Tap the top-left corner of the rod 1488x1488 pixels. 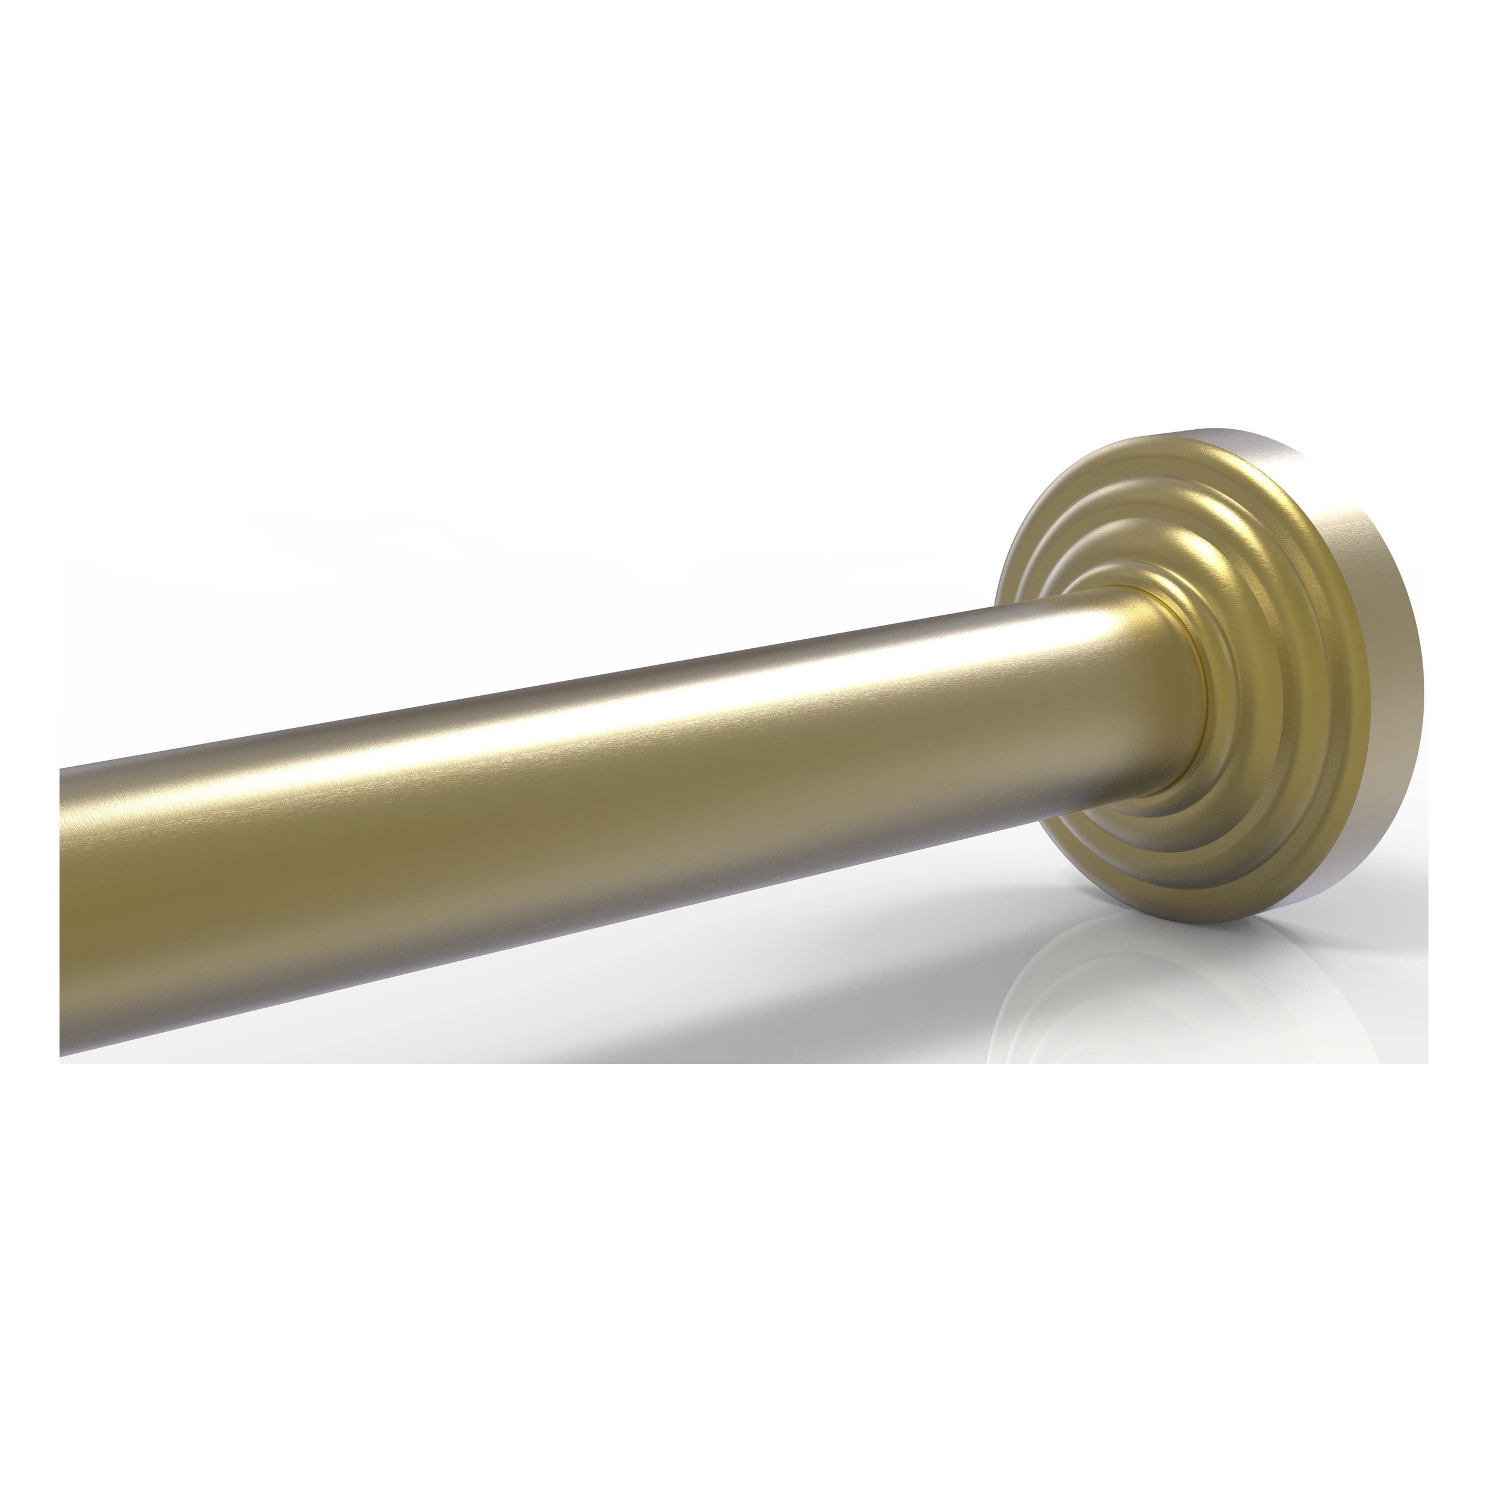click(63, 770)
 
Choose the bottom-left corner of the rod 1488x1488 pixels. click(63, 1058)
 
